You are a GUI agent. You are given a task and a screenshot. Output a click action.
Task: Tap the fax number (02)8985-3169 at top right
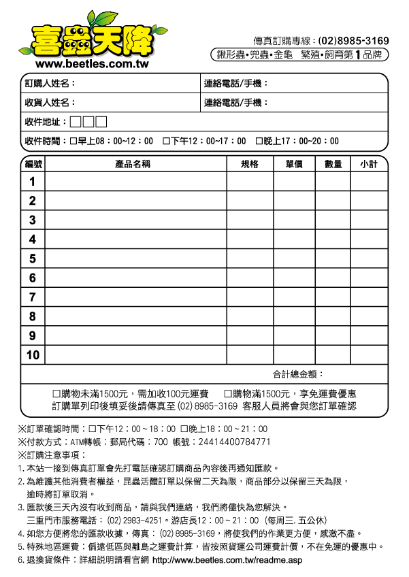point(353,41)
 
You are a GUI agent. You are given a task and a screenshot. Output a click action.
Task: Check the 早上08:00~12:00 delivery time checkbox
point(73,142)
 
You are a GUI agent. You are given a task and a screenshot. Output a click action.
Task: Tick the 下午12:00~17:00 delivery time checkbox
point(166,142)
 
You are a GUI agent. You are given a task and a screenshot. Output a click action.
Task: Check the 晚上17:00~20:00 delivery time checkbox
point(259,142)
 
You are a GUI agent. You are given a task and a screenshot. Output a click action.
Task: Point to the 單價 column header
point(294,165)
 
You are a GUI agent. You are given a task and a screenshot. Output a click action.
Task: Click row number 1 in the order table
point(32,182)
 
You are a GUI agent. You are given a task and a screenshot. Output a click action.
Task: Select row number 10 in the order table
point(33,355)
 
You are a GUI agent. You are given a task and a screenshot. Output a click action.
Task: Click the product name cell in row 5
point(135,259)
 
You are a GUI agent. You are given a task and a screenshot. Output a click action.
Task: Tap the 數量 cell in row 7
point(333,297)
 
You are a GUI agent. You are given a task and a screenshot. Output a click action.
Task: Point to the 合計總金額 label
point(298,374)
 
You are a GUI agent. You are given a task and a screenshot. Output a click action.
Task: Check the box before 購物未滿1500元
point(57,394)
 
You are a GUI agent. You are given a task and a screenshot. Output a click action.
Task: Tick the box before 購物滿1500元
point(228,394)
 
